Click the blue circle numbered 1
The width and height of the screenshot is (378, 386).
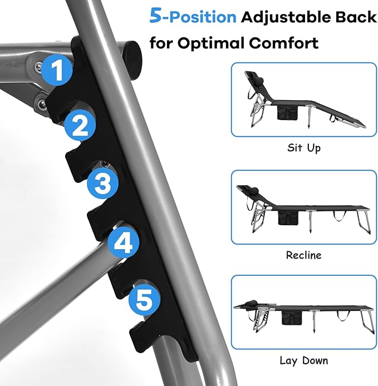point(57,70)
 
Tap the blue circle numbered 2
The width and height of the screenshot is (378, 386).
point(80,126)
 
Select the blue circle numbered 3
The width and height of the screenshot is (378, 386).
point(103,183)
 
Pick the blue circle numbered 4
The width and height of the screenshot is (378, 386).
point(124,243)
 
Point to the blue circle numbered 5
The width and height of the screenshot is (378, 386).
point(145,300)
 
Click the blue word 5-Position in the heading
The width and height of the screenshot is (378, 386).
point(193,17)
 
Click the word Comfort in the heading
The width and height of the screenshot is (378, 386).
point(283,43)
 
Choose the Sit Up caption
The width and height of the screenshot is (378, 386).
point(304,148)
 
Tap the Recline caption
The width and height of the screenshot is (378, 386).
point(303,255)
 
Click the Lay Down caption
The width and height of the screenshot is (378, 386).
point(304,360)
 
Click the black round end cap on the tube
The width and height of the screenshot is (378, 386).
point(133,61)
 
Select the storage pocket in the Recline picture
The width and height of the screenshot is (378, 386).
point(287,217)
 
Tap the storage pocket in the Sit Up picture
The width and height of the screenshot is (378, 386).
point(287,113)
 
